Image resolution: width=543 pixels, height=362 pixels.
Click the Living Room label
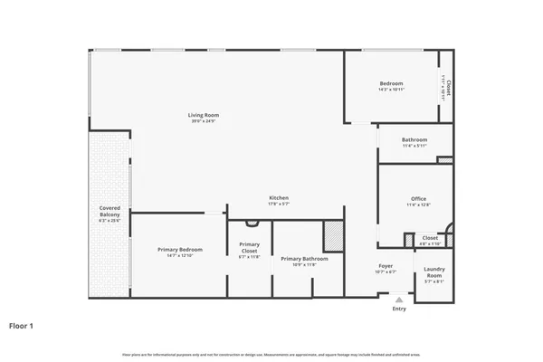pyautogui.click(x=204, y=115)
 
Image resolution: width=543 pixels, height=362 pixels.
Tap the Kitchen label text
pyautogui.click(x=279, y=198)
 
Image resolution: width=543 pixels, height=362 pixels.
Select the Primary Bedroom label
pyautogui.click(x=179, y=249)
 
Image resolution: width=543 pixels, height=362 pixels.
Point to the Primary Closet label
pyautogui.click(x=249, y=247)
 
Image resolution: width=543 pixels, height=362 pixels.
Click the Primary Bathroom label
pyautogui.click(x=304, y=258)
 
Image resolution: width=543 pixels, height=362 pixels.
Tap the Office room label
pyautogui.click(x=418, y=198)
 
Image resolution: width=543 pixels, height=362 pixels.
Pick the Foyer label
pyautogui.click(x=386, y=266)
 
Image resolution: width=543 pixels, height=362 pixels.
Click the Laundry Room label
pyautogui.click(x=434, y=271)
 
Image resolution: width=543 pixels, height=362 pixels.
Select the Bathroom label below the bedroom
pyautogui.click(x=414, y=139)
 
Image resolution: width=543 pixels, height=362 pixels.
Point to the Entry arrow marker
pyautogui.click(x=399, y=299)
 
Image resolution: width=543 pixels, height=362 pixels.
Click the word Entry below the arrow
pyautogui.click(x=399, y=310)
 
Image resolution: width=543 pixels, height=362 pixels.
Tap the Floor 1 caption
pyautogui.click(x=22, y=326)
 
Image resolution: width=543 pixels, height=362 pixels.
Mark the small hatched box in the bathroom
pyautogui.click(x=443, y=160)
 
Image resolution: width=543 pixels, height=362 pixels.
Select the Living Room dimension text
pyautogui.click(x=204, y=121)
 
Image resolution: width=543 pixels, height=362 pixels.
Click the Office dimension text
pyautogui.click(x=418, y=205)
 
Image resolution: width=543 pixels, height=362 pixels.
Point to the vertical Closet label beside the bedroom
pyautogui.click(x=447, y=87)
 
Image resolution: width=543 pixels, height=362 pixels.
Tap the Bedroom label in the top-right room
pyautogui.click(x=391, y=82)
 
